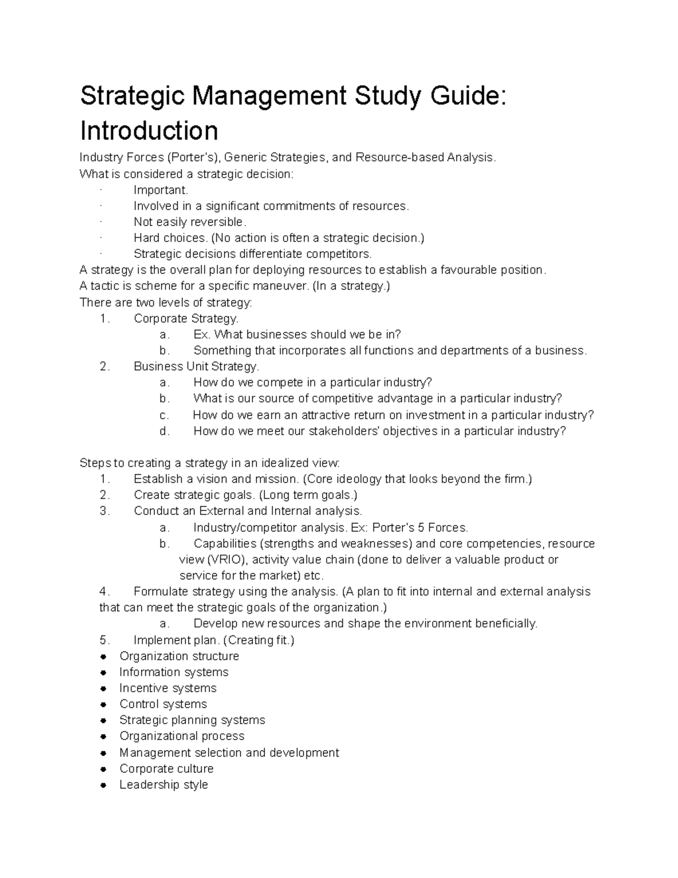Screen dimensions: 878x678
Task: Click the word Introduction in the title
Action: pos(149,131)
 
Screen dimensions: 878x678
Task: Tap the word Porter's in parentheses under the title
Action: pos(197,157)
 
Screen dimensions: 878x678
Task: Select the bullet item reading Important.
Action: pos(160,190)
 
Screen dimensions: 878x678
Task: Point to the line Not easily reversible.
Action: pos(190,222)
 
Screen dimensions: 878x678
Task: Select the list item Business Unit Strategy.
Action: pos(196,366)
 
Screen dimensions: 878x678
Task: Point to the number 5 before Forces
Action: pos(420,528)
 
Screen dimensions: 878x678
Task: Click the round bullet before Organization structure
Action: pos(103,656)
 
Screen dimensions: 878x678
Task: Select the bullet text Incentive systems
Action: pos(168,688)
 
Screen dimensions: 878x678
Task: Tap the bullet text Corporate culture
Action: pos(166,768)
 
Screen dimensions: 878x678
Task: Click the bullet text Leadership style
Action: pos(163,785)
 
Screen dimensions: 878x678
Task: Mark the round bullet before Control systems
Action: pos(103,704)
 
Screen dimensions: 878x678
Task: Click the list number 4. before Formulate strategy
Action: pos(104,592)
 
